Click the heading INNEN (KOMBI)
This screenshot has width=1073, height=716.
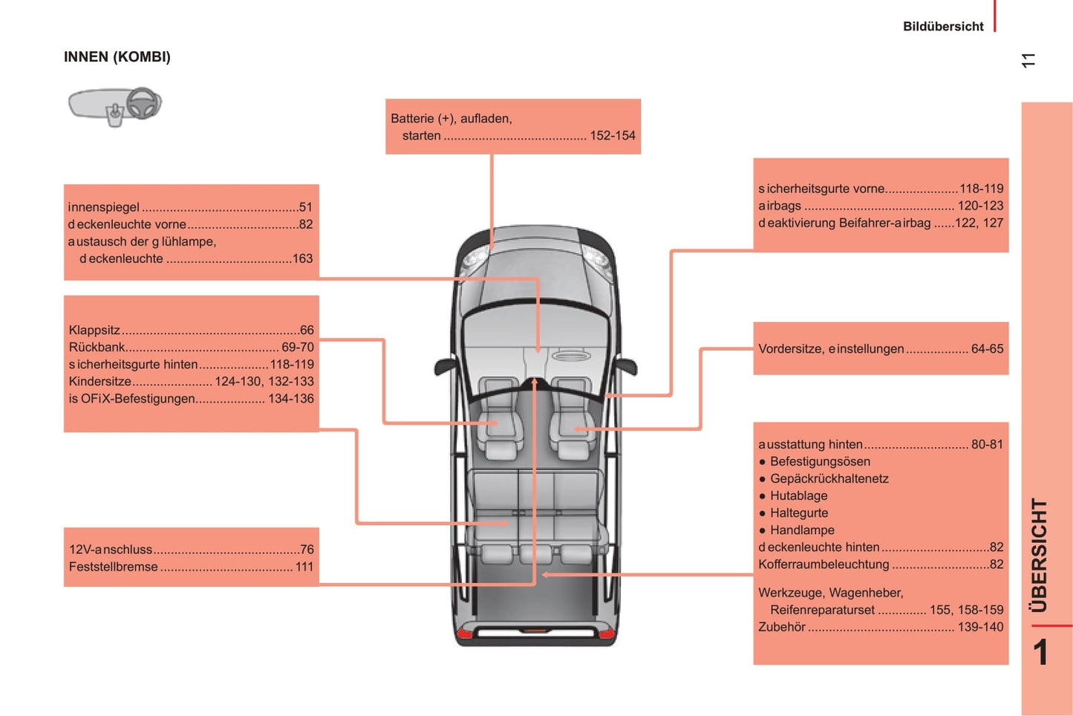click(117, 57)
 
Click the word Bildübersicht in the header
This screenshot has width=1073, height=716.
click(942, 27)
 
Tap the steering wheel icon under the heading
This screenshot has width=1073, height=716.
click(142, 103)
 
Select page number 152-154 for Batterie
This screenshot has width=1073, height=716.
click(612, 136)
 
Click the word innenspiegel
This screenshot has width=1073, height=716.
click(104, 207)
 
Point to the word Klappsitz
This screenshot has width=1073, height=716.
click(94, 330)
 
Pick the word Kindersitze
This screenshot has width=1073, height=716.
click(100, 382)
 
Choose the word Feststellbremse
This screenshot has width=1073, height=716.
click(114, 567)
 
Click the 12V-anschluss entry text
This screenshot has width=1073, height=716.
click(111, 550)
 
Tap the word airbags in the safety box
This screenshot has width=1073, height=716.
click(780, 206)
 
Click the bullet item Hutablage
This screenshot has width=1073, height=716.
click(798, 496)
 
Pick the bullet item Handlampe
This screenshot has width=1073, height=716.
click(802, 530)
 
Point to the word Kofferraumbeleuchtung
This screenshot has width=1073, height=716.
click(823, 564)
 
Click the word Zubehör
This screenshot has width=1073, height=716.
click(782, 627)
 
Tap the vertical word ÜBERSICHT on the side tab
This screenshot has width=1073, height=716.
click(1040, 555)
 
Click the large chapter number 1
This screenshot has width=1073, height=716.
click(1040, 653)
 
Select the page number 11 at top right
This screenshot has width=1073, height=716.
click(1028, 61)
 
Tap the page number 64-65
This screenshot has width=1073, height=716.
click(987, 349)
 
